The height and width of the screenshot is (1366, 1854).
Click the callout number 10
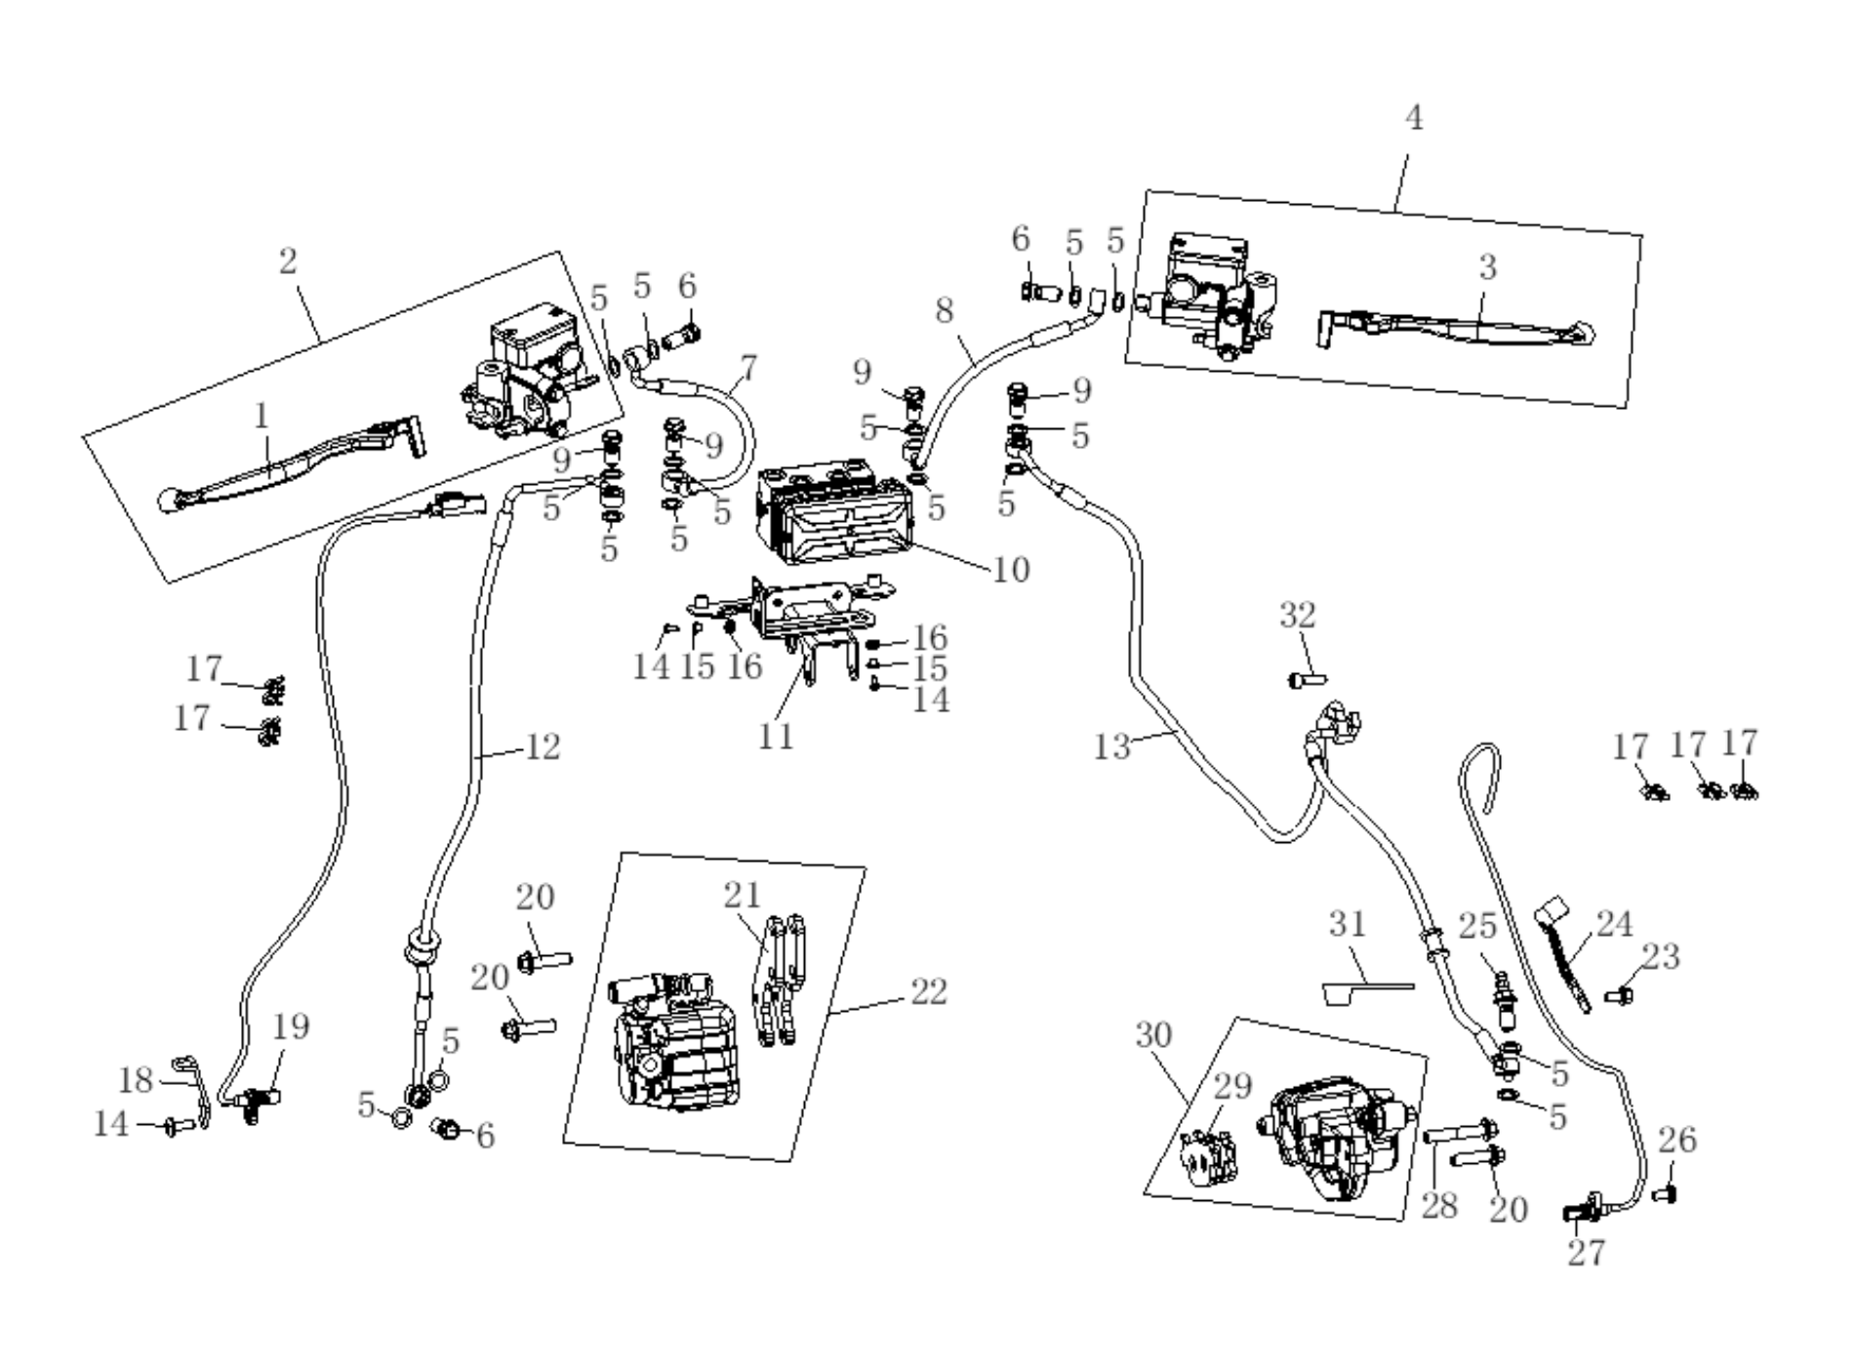point(1011,569)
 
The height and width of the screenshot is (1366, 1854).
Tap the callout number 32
point(1298,616)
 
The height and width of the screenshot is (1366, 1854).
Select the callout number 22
point(929,992)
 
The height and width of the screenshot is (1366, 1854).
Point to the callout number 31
point(1348,923)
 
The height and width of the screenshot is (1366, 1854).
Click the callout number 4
point(1413,118)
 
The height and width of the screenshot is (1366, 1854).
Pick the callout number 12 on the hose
point(543,747)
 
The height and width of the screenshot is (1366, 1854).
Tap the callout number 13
point(1111,747)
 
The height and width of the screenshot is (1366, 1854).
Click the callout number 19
point(291,1026)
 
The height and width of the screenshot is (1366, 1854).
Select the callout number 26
point(1677,1140)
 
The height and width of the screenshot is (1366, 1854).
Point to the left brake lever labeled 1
point(291,463)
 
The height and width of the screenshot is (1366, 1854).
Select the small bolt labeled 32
point(1307,678)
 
